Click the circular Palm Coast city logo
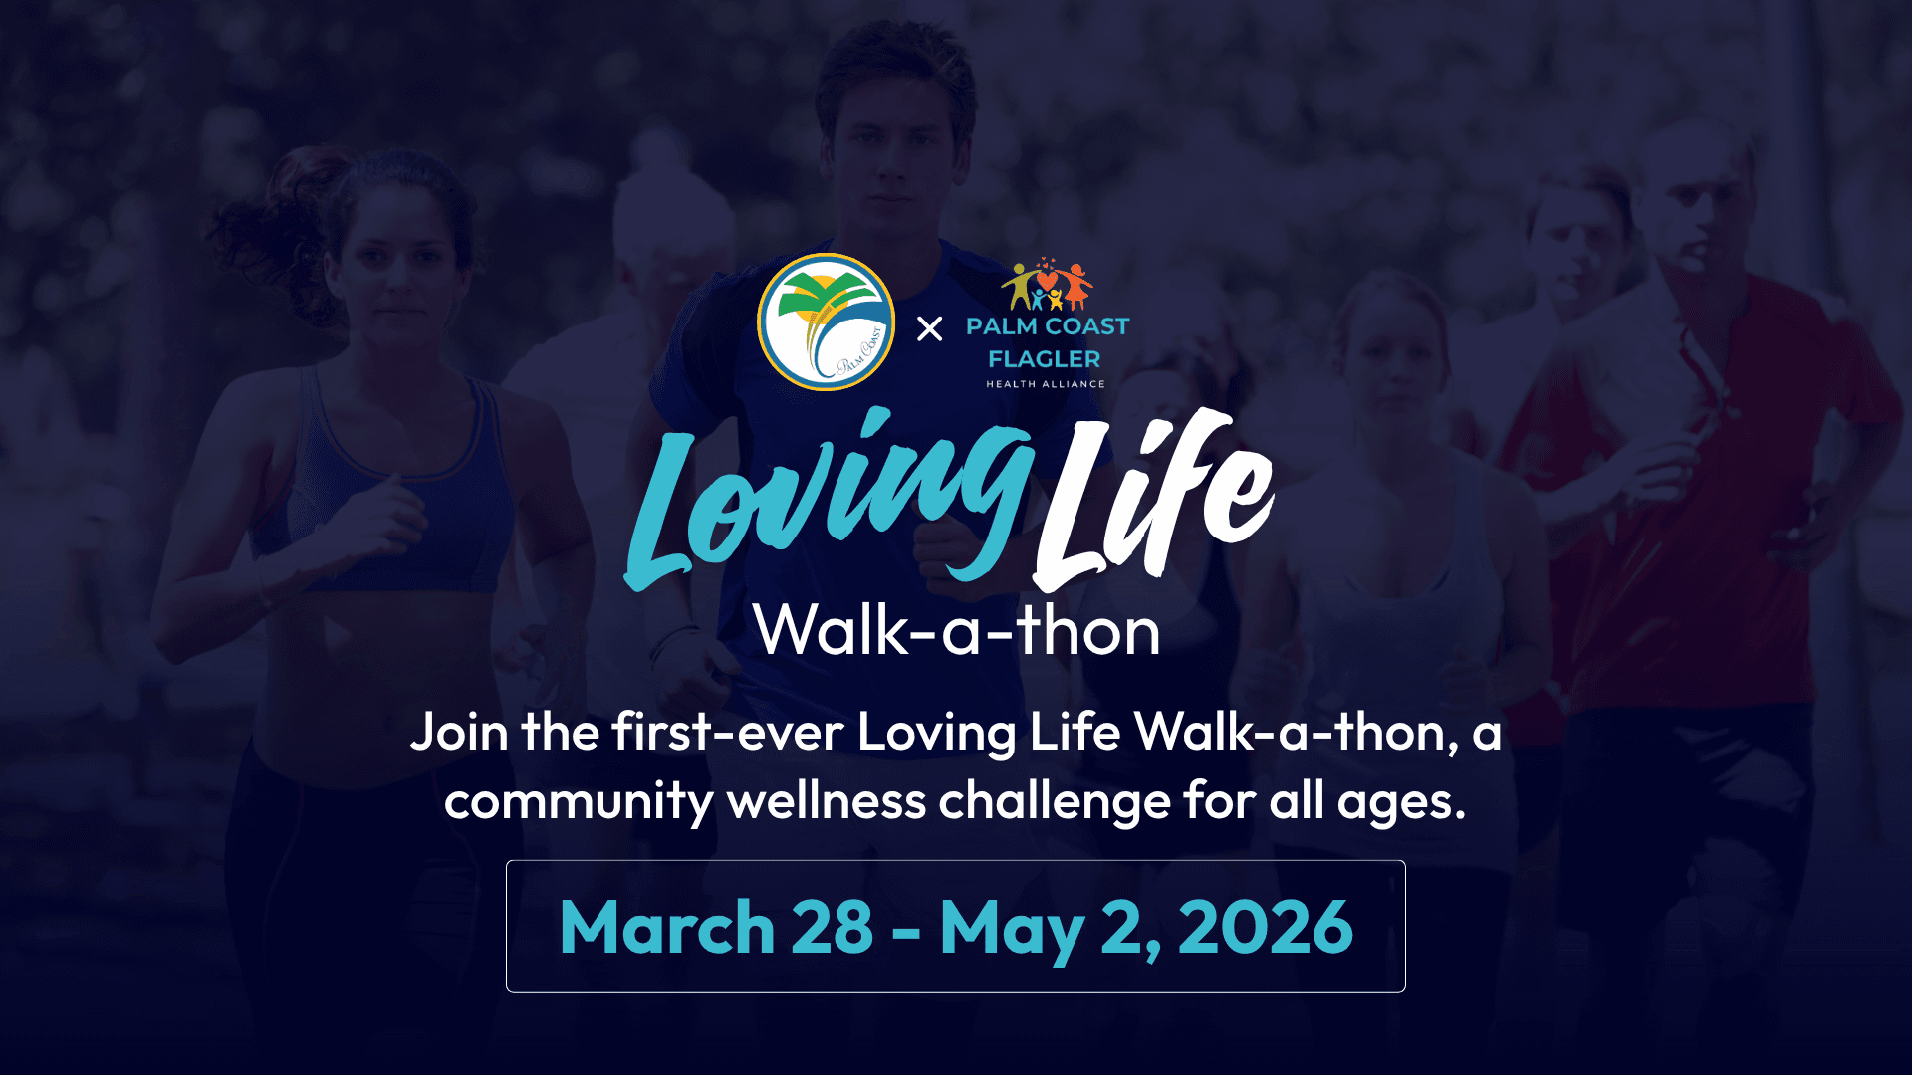826,322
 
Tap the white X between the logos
929,328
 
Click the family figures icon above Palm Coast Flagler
1047,286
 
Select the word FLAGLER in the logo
1045,359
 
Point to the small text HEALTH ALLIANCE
1046,384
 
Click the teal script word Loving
827,498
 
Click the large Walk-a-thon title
957,631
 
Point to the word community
579,802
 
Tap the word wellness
827,802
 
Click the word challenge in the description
1055,802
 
